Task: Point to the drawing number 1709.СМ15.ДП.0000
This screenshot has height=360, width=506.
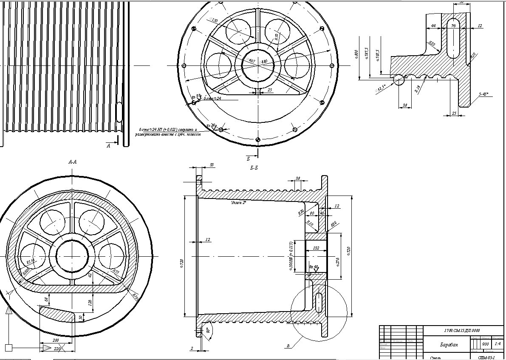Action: [x=462, y=330]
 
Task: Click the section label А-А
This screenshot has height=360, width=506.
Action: [x=72, y=162]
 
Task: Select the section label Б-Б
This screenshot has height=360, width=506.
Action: [x=254, y=168]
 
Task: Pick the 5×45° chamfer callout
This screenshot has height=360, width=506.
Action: [x=483, y=94]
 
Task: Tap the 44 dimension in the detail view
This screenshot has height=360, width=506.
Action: [x=433, y=26]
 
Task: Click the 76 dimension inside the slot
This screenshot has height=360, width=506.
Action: [x=453, y=26]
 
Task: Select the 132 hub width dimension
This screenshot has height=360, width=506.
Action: [x=316, y=248]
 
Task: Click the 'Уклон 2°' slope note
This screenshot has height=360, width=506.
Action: [x=239, y=203]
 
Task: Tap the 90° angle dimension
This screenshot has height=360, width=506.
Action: [x=208, y=330]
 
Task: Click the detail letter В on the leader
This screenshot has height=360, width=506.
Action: [x=288, y=346]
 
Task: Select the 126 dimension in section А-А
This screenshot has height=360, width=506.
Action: [x=90, y=302]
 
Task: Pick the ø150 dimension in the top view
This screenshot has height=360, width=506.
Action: [x=214, y=20]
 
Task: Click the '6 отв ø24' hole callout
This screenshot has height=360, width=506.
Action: [x=212, y=99]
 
